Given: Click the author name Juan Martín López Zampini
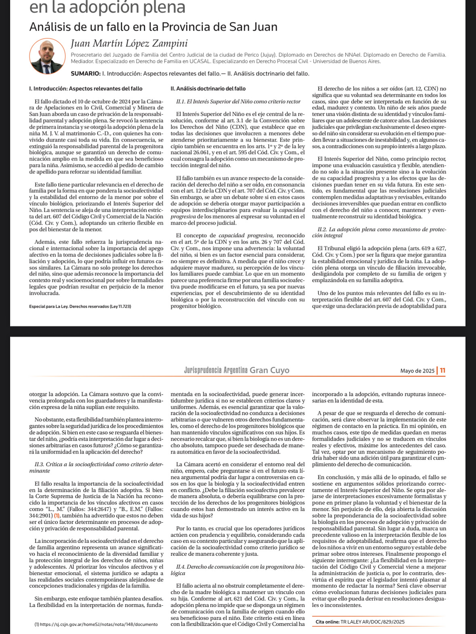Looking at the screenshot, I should coord(129,44).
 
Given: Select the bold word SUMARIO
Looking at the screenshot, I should coord(86,73).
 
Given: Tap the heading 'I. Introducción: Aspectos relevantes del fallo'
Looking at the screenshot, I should coord(86,88).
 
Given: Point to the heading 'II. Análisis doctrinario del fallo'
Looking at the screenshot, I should coord(208,88).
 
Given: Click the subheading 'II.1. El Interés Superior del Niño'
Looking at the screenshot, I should coord(238,102).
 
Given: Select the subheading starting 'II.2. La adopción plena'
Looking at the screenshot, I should coord(379,232).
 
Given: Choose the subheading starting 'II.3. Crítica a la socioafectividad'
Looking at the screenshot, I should coord(96,467).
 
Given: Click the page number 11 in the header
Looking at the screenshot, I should coord(443,370).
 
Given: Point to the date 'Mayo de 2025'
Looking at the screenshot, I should coord(417,371).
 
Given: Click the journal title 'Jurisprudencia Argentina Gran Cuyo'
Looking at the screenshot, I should coord(237,370).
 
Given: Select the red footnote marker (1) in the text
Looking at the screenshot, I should coord(57,516).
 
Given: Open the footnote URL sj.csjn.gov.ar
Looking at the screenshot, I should coord(96,624).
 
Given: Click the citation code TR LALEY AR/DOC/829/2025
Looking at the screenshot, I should coord(373,622).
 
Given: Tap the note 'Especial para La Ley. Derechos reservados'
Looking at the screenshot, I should coord(80,307).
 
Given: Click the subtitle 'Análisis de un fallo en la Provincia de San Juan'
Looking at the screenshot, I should coord(153,27).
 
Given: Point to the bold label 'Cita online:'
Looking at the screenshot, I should coord(327,622).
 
